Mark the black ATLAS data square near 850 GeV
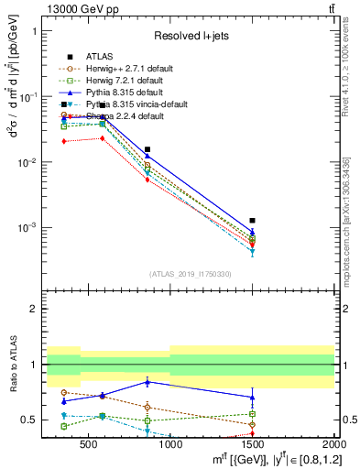click(147, 149)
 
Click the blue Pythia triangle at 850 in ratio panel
click(147, 382)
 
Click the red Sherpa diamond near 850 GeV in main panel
click(147, 180)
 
